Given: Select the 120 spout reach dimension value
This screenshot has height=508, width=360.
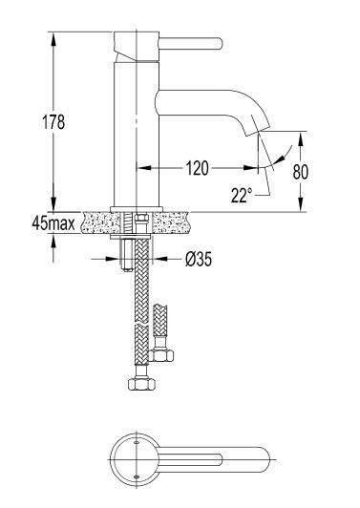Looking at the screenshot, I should point(197,168).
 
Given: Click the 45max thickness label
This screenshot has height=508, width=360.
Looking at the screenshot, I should point(53,224).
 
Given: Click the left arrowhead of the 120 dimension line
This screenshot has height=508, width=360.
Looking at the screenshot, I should point(135,168).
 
